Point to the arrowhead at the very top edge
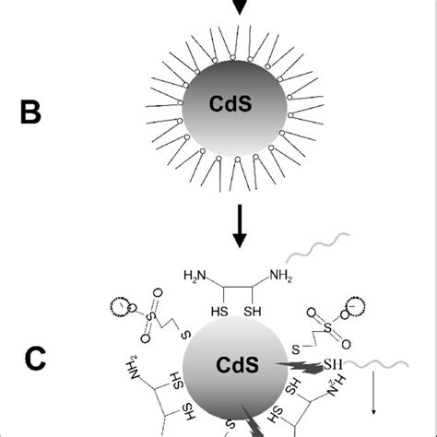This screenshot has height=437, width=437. pos(240,6)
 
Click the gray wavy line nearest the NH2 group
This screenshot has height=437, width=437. pos(319,247)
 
